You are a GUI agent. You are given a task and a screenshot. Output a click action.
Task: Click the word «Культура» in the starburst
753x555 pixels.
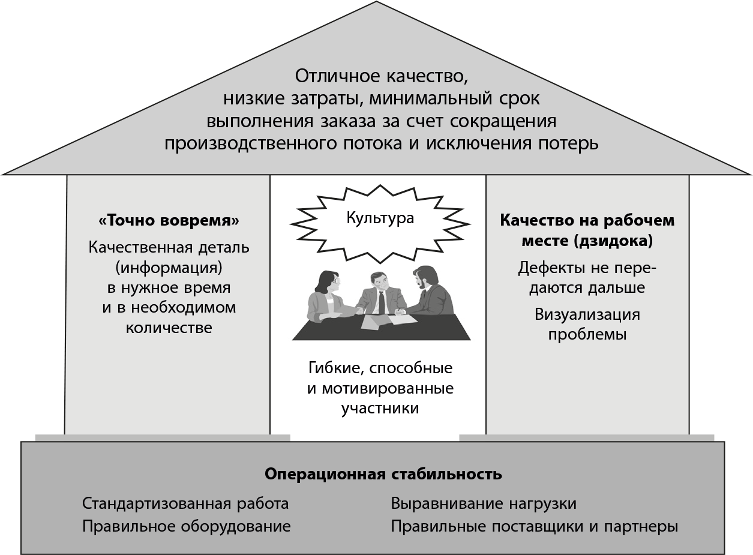pyautogui.click(x=380, y=217)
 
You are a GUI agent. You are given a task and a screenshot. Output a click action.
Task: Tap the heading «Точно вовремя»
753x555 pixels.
pyautogui.click(x=169, y=221)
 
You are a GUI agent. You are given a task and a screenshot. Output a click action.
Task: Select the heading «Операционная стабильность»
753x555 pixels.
pyautogui.click(x=383, y=474)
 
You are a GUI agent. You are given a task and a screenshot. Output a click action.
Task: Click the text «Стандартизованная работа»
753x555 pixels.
pyautogui.click(x=185, y=503)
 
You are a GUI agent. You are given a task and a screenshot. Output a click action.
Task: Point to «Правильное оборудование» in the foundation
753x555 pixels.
pyautogui.click(x=186, y=526)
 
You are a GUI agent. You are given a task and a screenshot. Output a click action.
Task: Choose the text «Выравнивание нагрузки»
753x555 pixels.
pyautogui.click(x=484, y=503)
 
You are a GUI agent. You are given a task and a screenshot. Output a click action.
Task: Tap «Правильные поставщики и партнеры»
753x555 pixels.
pyautogui.click(x=535, y=526)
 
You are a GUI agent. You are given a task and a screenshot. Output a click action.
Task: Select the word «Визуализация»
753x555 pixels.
pyautogui.click(x=587, y=314)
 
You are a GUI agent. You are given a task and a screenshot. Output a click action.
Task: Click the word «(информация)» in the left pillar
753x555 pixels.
pyautogui.click(x=169, y=267)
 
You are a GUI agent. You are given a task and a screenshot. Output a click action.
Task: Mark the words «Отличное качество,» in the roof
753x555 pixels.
pyautogui.click(x=381, y=77)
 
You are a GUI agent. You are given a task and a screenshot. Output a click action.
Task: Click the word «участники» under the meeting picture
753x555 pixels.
pyautogui.click(x=380, y=409)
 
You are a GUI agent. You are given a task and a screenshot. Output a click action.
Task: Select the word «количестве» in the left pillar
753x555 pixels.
pyautogui.click(x=169, y=328)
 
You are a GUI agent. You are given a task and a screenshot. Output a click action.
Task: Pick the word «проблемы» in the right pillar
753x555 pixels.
pyautogui.click(x=587, y=334)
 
